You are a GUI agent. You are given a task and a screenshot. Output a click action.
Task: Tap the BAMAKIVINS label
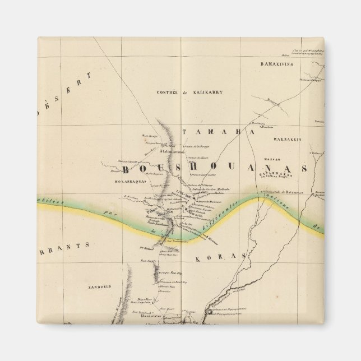280,64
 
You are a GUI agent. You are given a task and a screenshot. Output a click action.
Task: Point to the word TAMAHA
219,131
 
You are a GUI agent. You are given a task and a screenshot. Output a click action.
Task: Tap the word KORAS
221,258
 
